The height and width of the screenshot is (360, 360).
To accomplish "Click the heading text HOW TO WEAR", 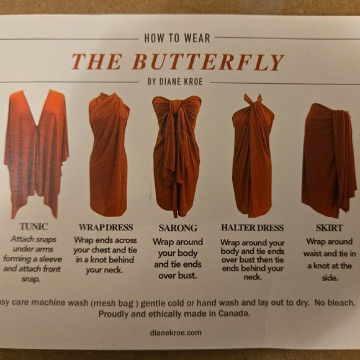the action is tap(178, 38).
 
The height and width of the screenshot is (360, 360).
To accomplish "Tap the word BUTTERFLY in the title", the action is tap(208, 62).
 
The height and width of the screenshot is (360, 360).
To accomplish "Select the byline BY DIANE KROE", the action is tap(175, 82).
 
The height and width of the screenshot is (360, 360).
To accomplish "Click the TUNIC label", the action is tap(34, 227).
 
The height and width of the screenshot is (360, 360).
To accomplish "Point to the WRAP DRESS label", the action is tap(106, 227).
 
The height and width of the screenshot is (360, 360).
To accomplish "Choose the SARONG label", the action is tap(178, 228).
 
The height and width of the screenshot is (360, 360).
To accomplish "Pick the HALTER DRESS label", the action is tap(253, 228).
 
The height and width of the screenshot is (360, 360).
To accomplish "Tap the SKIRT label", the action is tap(329, 228).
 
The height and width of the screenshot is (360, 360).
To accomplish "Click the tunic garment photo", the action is tap(36, 153).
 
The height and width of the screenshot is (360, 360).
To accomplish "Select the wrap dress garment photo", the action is tap(109, 155).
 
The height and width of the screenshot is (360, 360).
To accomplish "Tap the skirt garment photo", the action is tap(329, 161).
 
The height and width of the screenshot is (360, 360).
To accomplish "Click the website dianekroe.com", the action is tap(176, 333).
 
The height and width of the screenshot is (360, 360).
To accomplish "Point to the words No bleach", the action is tap(335, 303).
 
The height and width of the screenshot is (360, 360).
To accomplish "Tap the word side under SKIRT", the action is tap(330, 278).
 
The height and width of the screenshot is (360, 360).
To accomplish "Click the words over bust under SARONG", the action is tap(178, 276).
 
